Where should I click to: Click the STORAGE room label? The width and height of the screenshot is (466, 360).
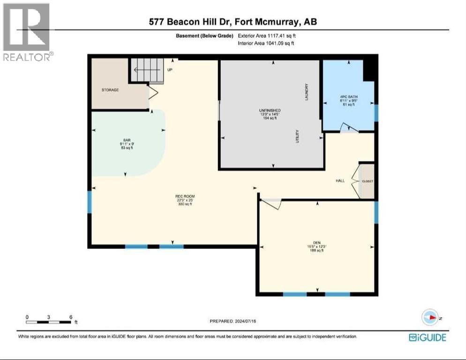pos(110,90)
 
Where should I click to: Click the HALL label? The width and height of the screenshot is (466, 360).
pos(341,180)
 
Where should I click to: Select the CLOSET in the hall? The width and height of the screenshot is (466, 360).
pos(367,181)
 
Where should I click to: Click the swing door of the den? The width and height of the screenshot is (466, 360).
pos(271,203)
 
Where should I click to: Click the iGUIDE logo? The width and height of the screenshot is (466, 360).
pos(427,337)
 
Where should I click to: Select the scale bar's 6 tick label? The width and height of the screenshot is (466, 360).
pos(70,317)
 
